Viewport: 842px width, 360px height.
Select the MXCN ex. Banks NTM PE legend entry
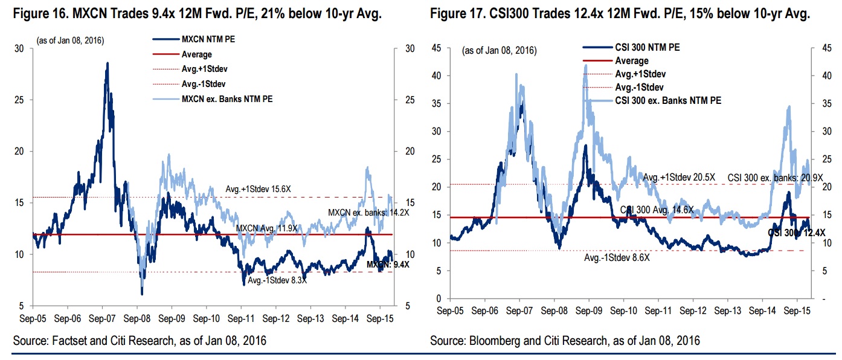pos(223,99)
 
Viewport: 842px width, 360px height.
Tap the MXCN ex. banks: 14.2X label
pos(360,213)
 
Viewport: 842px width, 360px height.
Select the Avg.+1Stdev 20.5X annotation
pos(680,177)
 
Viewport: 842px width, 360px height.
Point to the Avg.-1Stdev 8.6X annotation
pos(617,258)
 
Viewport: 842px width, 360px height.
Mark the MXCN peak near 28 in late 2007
pos(108,63)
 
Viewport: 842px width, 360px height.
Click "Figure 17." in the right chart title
pos(458,14)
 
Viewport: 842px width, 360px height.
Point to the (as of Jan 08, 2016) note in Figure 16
pos(71,40)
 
